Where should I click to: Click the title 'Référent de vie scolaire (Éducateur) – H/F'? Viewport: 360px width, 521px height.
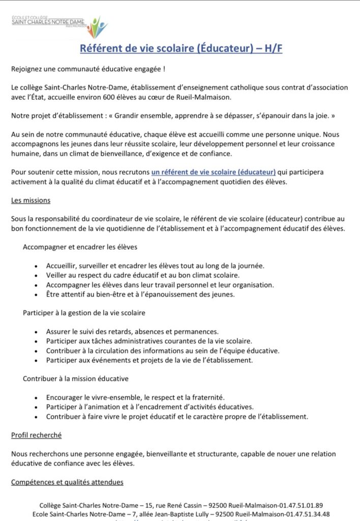[181, 48]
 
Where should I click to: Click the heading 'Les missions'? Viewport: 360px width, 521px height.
[31, 200]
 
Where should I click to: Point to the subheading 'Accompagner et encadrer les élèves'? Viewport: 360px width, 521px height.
[80, 247]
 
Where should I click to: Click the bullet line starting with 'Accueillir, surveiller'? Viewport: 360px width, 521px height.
[155, 266]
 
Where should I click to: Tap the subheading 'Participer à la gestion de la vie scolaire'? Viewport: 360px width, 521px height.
[84, 312]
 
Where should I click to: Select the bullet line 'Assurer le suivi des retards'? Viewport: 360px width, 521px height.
[132, 331]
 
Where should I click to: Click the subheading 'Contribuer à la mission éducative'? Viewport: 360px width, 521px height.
[75, 379]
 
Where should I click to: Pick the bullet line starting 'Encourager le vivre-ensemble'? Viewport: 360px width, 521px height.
[135, 397]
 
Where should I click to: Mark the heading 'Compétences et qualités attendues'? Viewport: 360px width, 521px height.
[67, 482]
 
